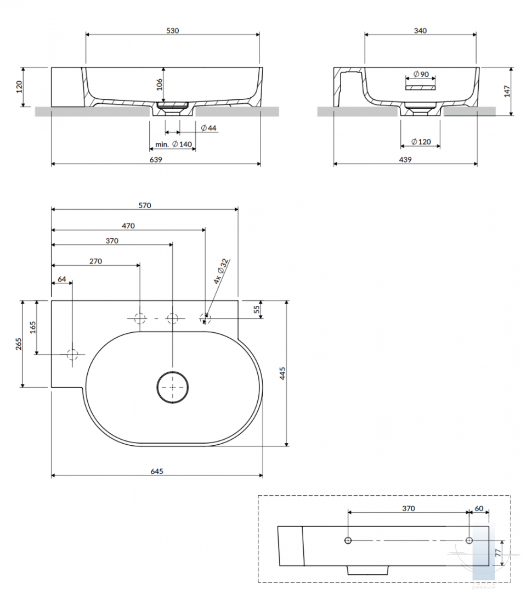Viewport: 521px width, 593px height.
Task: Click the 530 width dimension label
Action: coord(173,31)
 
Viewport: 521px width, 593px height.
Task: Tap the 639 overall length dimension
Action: coord(156,160)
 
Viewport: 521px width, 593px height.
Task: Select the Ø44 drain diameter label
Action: coord(208,128)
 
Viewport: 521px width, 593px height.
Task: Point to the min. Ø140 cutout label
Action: coord(173,144)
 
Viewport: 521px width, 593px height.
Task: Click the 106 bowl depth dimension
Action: coord(160,85)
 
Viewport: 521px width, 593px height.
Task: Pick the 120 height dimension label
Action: coord(19,87)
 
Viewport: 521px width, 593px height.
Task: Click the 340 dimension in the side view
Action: coord(420,31)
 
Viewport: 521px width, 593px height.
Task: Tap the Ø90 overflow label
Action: coord(421,74)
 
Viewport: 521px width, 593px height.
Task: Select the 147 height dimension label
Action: coord(507,91)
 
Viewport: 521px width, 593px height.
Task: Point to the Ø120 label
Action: coord(421,142)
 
